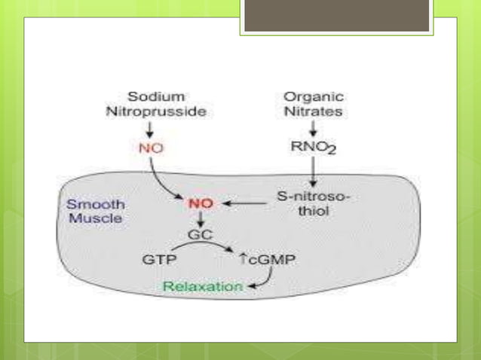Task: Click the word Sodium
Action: (x=155, y=96)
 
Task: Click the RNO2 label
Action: (x=310, y=148)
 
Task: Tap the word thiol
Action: (x=310, y=212)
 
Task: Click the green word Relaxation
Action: (x=204, y=287)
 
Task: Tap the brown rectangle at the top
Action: (x=336, y=16)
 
